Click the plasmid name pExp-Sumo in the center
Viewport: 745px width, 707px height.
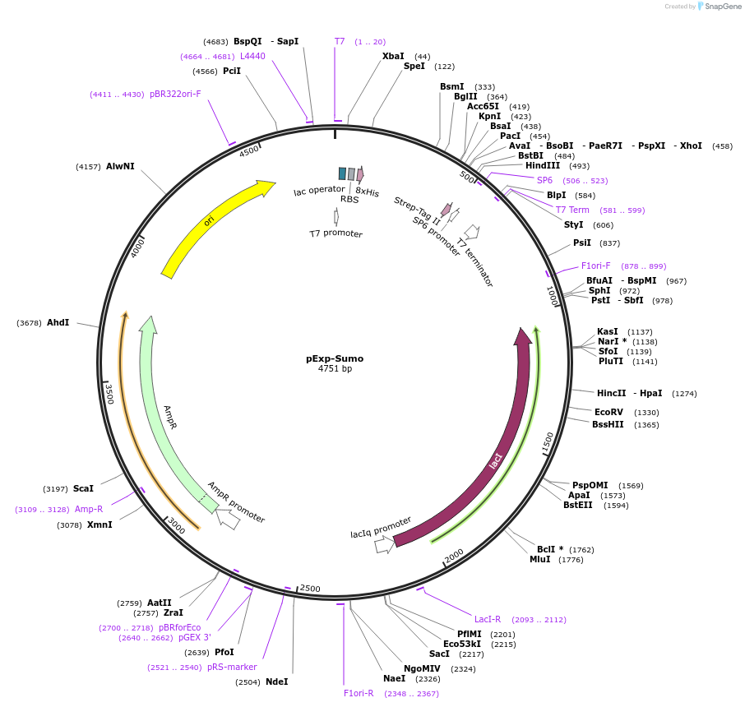coord(335,358)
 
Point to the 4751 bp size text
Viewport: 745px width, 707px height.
coord(335,369)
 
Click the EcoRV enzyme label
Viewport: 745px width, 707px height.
coord(609,413)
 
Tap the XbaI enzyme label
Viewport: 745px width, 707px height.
coord(393,56)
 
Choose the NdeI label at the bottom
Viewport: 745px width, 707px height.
coord(276,682)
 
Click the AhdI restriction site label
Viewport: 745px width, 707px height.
coord(58,323)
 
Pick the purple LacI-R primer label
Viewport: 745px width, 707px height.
coord(488,619)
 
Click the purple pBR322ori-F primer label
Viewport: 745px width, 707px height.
coord(175,95)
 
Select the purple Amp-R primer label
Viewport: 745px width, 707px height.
coord(89,509)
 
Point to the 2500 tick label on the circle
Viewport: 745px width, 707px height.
coord(310,589)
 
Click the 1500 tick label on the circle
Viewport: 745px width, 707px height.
coord(547,441)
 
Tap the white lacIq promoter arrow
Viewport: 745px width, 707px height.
coord(384,544)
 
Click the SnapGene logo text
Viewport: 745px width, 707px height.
coord(723,7)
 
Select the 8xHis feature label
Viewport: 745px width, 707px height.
coord(367,192)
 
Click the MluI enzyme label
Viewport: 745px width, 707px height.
coord(539,560)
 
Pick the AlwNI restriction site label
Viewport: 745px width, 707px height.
coord(120,166)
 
